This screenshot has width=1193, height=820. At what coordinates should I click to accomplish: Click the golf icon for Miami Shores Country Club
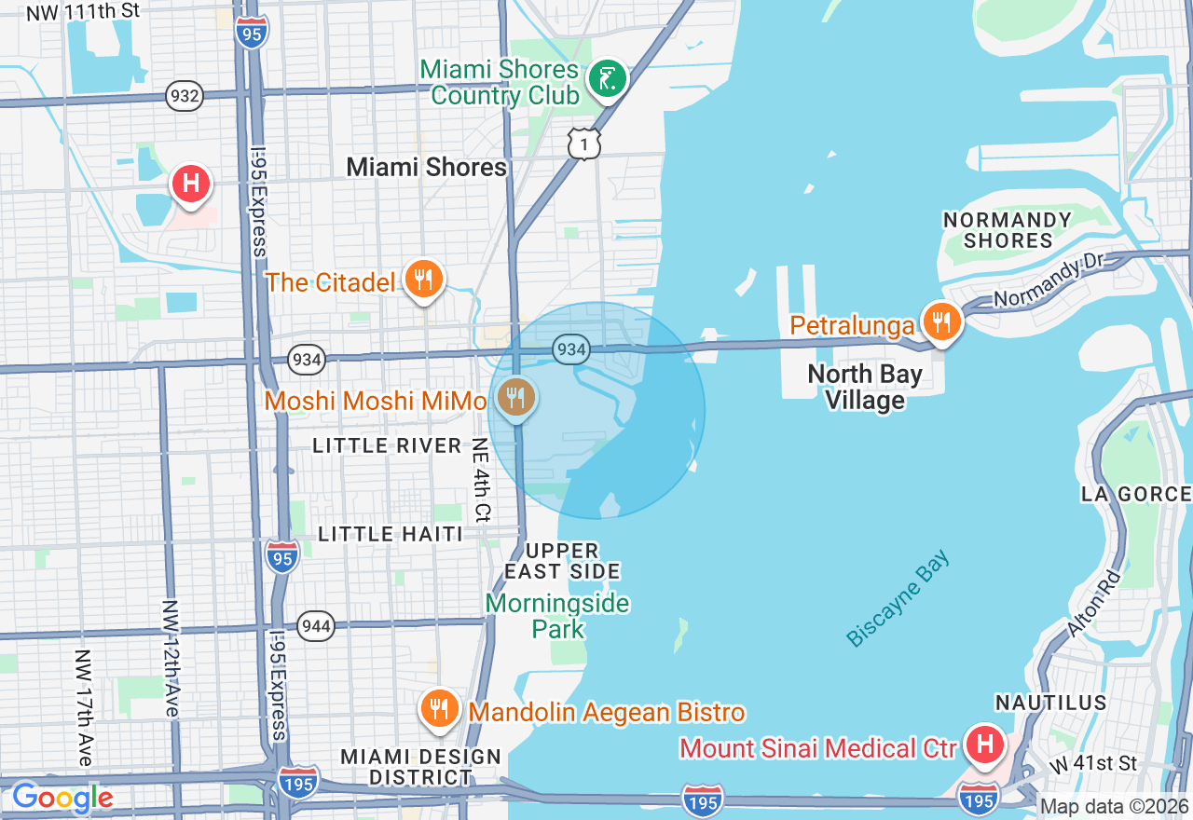[x=608, y=79]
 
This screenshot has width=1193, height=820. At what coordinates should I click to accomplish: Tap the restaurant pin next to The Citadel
[x=424, y=279]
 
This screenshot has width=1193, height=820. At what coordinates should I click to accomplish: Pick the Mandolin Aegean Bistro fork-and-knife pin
[x=438, y=710]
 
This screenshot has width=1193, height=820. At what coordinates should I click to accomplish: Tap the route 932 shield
[x=185, y=95]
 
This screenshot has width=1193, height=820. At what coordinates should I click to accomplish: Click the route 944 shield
[x=317, y=626]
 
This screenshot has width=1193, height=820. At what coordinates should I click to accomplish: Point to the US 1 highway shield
[x=583, y=143]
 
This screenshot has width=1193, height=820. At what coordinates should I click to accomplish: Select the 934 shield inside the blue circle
[x=571, y=349]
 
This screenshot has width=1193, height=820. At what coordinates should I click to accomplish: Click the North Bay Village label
[x=865, y=388]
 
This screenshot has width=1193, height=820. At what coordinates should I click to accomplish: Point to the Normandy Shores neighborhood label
[x=1007, y=230]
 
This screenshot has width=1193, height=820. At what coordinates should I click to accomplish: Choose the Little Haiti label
[x=391, y=534]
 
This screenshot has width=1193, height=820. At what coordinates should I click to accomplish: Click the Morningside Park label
[x=557, y=616]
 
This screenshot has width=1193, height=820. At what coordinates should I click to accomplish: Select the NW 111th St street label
[x=83, y=12]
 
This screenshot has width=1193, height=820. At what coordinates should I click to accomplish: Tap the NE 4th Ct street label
[x=481, y=479]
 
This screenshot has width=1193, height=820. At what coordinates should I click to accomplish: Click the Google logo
[x=62, y=798]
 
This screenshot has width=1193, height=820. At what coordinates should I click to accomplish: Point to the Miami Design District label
[x=420, y=766]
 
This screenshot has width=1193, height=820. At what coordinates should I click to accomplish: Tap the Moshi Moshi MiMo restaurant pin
[x=514, y=398]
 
